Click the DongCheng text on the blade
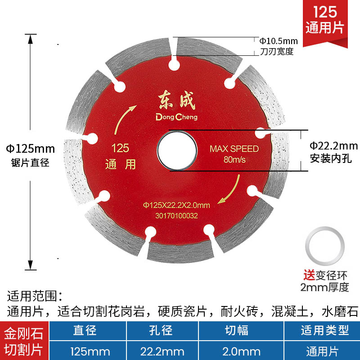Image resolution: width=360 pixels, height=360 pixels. point(176,116)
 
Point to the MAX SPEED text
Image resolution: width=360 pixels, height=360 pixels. point(234,149)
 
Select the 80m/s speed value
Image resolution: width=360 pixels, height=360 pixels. point(234,160)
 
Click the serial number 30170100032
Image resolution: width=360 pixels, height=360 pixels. point(176,216)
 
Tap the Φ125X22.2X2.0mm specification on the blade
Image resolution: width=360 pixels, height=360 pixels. point(177,205)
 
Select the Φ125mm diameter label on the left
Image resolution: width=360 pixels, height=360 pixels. point(30,148)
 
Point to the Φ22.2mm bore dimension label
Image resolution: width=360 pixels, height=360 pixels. point(333,146)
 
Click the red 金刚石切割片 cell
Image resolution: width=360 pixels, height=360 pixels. point(23,341)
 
